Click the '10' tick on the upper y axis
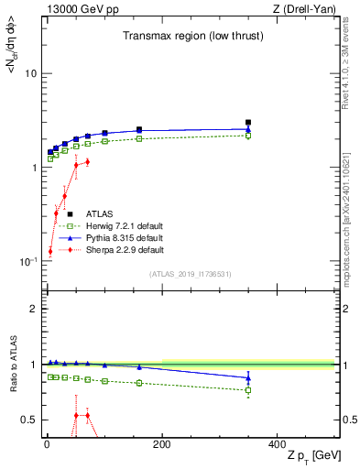pos(30,73)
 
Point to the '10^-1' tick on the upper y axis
pos(27,262)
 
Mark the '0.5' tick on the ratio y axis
pos(29,420)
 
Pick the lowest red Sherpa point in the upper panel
pos(49,251)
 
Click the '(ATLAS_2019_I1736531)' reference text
pos(189,274)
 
